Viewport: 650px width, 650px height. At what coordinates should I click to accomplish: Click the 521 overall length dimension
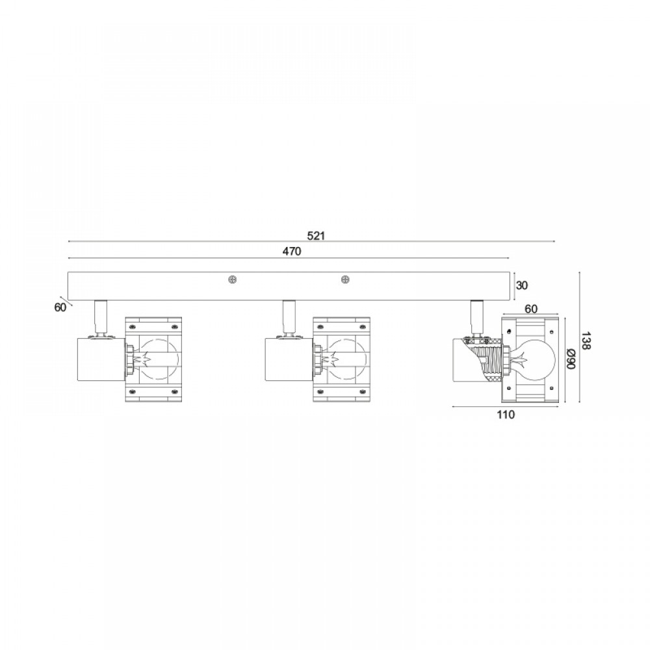pos(316,236)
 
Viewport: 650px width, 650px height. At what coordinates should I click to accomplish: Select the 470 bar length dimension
pos(292,252)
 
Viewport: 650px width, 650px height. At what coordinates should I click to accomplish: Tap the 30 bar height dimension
pos(523,285)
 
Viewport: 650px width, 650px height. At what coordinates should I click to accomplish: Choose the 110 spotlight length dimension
pos(506,415)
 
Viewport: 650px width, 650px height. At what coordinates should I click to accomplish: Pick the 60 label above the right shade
pos(531,309)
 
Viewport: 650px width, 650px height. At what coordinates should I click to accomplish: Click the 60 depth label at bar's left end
pos(60,307)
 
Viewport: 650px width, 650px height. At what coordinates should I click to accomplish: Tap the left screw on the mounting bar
pos(233,280)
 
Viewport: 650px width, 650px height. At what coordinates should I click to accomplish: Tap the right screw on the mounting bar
pos(345,280)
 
